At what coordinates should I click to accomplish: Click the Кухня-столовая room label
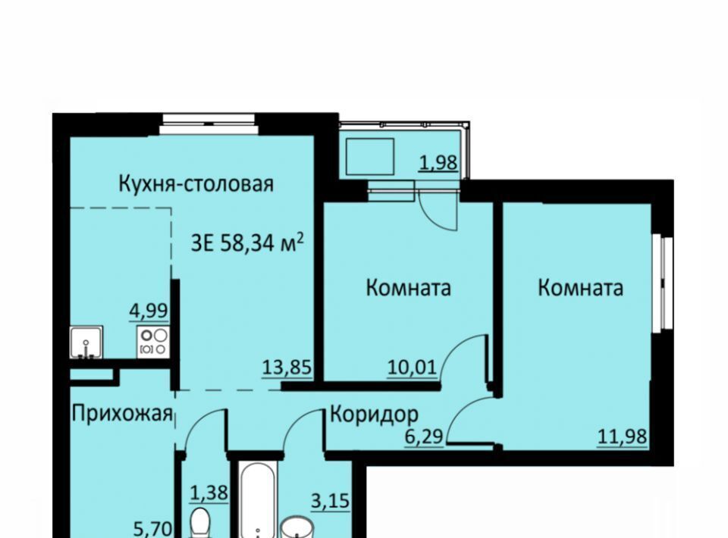click(x=196, y=183)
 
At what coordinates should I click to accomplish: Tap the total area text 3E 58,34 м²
click(x=247, y=242)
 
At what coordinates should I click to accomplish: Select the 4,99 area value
click(x=149, y=311)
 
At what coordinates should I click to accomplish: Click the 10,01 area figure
click(x=413, y=368)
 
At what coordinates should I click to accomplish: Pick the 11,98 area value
click(x=622, y=436)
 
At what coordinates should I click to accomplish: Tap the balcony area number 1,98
click(x=438, y=163)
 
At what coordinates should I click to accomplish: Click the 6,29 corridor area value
click(x=425, y=437)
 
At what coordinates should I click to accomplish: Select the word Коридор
click(x=374, y=414)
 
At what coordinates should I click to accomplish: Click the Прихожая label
click(x=122, y=414)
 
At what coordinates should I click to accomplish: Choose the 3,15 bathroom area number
click(x=330, y=501)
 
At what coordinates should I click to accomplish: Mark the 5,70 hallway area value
click(x=153, y=529)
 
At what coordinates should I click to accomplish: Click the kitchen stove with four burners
click(x=152, y=342)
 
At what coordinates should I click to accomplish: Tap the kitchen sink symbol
click(x=86, y=343)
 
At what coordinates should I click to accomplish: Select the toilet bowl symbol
click(x=200, y=523)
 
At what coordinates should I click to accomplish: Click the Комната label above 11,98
click(x=580, y=287)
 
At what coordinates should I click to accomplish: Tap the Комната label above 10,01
click(x=409, y=287)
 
